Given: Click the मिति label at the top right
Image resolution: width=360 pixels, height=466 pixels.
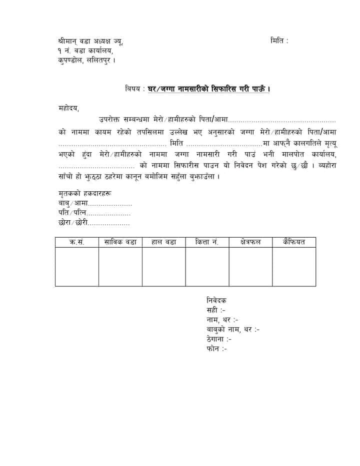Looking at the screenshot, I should click(x=278, y=41).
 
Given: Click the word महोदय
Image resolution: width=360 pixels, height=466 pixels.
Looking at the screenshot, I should click(x=68, y=107).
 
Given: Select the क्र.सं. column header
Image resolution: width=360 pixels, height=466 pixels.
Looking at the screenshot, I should click(x=76, y=242).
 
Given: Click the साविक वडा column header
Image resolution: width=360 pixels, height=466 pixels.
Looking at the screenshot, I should click(x=120, y=242).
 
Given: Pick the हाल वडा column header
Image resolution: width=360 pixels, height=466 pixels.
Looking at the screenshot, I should click(x=163, y=242).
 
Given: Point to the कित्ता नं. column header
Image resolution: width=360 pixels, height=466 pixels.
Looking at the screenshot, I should click(x=207, y=242).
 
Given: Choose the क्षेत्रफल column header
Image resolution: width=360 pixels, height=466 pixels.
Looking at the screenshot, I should click(x=250, y=242).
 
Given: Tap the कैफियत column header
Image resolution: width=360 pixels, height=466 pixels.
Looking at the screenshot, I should click(x=293, y=242).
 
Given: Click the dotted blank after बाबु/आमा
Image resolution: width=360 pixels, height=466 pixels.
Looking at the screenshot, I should click(x=110, y=204).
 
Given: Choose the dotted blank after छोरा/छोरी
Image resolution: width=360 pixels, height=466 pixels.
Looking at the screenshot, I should click(x=109, y=223).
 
